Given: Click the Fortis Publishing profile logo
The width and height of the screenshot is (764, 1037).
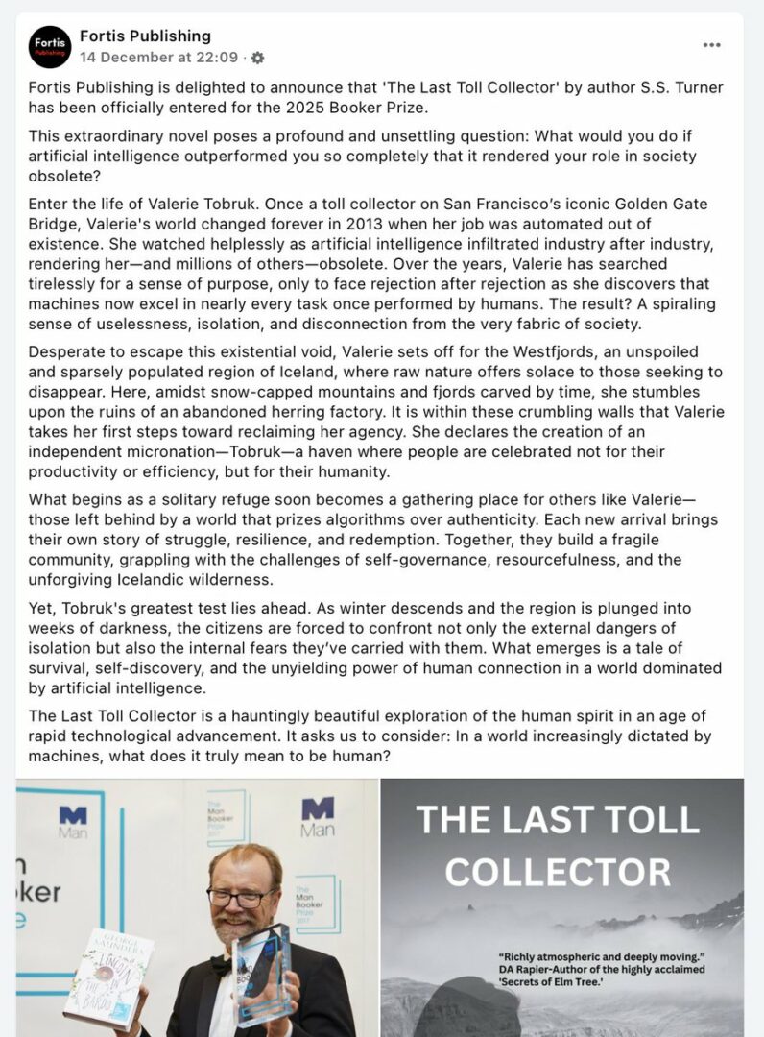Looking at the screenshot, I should click(50, 47).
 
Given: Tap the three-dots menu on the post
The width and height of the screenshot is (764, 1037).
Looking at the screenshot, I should click(711, 45).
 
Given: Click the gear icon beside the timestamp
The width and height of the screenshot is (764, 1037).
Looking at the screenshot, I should click(257, 58).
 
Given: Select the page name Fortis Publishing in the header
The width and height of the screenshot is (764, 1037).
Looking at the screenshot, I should click(145, 36).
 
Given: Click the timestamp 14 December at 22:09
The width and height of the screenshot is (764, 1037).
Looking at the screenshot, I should click(160, 58).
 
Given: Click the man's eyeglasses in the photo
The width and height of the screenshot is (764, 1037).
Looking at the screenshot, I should click(241, 898).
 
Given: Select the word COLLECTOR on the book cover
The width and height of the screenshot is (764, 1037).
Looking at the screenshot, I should click(558, 871).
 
